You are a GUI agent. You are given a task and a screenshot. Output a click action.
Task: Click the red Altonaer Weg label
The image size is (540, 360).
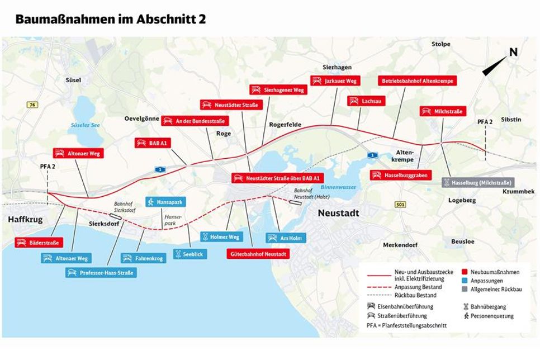coord(79,153)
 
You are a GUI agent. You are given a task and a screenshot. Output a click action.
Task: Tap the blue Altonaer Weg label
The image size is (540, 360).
coord(65,258)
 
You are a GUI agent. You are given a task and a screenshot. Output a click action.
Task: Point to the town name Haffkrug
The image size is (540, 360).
coord(25,220)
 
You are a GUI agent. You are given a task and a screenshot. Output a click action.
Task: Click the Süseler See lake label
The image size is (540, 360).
coord(85,125)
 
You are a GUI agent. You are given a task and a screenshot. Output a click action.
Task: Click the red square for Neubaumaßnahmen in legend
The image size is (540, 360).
coord(465,272)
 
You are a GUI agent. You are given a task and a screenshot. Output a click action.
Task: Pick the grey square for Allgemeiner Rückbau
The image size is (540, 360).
coord(465,290)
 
